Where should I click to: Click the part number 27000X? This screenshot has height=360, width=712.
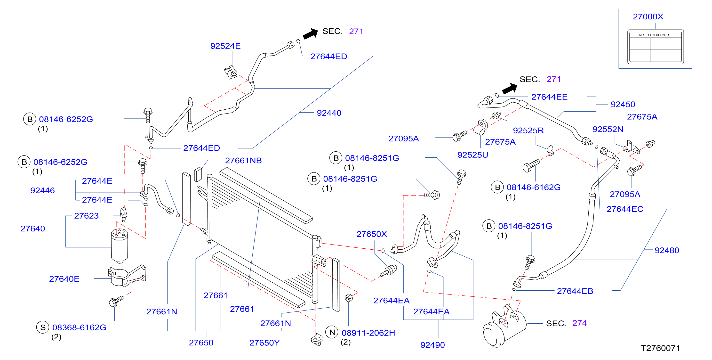[648, 16]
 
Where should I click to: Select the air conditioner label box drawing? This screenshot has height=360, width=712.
[655, 47]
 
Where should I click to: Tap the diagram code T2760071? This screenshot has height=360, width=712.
[660, 348]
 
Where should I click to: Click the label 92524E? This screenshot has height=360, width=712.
[225, 46]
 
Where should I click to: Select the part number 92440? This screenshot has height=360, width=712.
[329, 113]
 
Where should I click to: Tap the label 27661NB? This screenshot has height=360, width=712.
[243, 160]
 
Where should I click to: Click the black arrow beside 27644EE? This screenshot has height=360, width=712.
[509, 89]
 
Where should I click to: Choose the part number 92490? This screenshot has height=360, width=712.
[432, 345]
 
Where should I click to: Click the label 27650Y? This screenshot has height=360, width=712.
[264, 343]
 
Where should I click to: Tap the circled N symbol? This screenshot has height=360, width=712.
[332, 332]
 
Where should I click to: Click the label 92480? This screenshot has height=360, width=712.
[667, 250]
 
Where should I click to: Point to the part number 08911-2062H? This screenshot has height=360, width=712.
[368, 333]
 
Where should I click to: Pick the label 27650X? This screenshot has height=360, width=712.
[371, 234]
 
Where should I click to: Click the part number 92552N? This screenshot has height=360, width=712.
[608, 129]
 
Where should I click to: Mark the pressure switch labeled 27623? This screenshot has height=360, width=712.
[124, 214]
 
